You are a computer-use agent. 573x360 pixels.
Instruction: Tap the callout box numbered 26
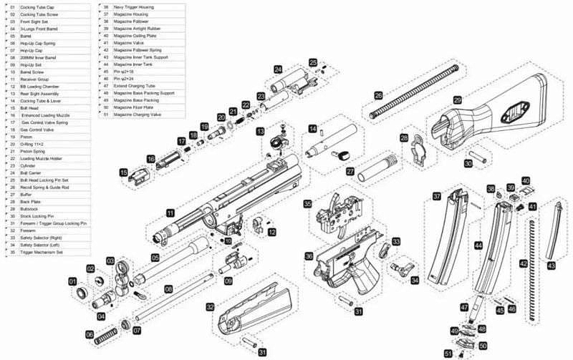coord(378,93)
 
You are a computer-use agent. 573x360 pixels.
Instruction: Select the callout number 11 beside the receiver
coord(170,213)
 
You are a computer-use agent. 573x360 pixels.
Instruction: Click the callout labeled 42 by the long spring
coord(523,264)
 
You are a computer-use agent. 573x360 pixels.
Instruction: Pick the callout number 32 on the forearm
coord(211,306)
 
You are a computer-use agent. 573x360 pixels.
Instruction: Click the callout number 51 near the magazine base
coord(448,353)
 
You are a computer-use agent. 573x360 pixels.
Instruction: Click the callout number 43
coord(551,265)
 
